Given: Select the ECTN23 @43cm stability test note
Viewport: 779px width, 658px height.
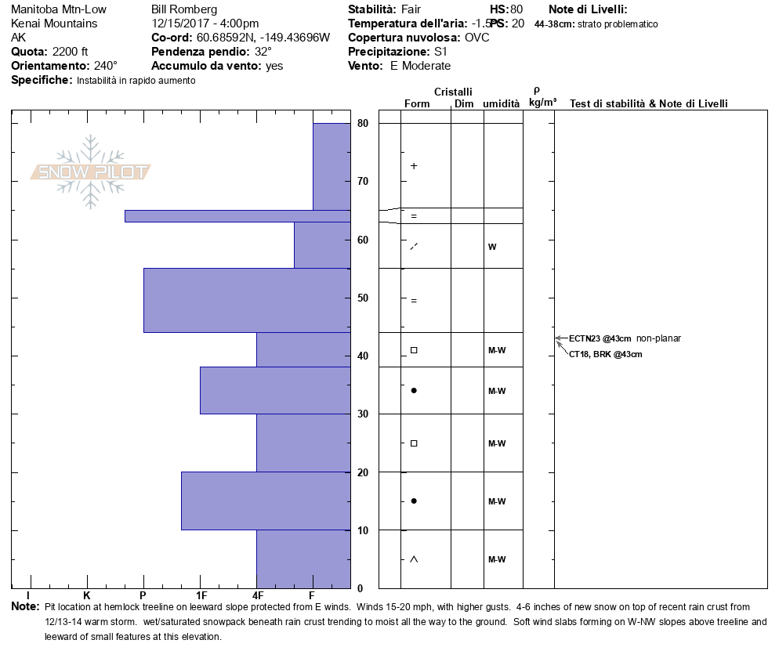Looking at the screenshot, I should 600,338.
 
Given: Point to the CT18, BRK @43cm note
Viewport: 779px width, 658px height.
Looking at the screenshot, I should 606,354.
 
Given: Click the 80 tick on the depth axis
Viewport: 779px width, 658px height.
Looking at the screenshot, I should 363,123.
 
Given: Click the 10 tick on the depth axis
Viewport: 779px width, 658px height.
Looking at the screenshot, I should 363,530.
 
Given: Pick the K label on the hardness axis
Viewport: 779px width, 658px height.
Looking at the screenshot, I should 86,596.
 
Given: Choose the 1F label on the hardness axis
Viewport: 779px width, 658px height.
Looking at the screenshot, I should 201,596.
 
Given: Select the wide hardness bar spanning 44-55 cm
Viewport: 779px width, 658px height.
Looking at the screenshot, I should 247,301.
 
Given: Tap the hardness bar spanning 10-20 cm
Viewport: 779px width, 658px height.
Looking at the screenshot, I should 266,501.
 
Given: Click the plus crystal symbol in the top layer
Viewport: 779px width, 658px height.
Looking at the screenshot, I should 414,166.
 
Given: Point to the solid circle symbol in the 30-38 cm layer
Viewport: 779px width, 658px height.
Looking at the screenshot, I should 414,390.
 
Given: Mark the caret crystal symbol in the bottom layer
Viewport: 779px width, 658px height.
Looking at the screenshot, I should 414,559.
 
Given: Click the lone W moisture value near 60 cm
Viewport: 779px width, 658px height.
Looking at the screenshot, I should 492,247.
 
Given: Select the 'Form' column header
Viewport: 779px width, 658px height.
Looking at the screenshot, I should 417,103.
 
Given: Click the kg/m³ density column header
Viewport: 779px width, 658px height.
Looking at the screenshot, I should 542,102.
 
